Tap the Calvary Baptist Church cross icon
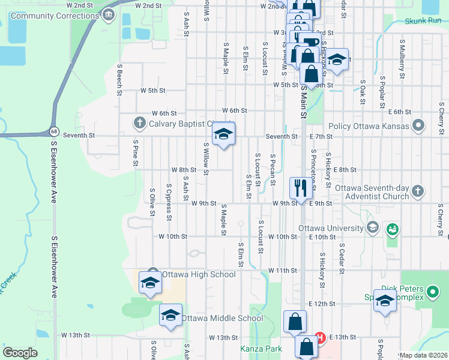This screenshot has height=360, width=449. coord(139,124)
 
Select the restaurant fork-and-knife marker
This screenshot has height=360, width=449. coord(300,187)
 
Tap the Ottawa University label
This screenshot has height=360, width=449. coord(331,228)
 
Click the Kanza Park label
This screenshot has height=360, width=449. coord(261,348)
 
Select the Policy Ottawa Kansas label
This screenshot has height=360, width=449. coord(369,126)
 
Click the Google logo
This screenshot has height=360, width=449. coord(20,353)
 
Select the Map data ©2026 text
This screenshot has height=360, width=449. coord(423,355)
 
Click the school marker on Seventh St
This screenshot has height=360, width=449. coord(223,134)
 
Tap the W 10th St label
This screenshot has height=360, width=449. coord(173,237)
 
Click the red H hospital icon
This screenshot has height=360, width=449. coord(320,338)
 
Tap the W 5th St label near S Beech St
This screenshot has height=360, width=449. coord(152,91)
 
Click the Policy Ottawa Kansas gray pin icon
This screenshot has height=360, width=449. coord(419,126)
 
